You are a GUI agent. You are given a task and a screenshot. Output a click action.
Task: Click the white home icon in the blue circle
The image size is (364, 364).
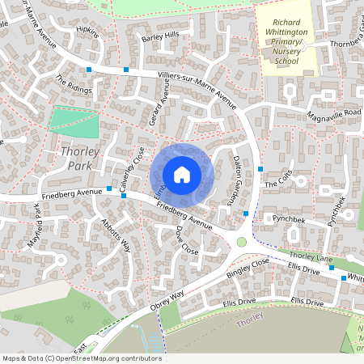tap(182, 174)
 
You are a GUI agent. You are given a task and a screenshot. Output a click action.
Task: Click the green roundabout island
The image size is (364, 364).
tap(241, 242)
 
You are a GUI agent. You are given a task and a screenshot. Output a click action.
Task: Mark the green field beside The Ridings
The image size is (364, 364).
tap(74, 123)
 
